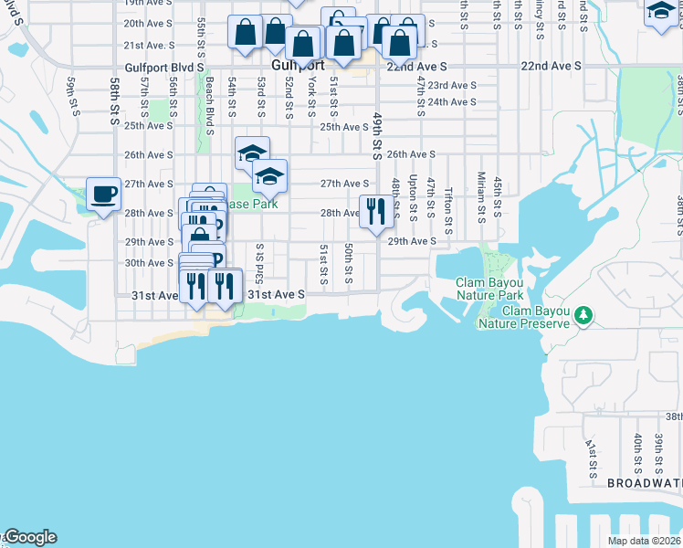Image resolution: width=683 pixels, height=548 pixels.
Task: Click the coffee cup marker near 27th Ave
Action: click(103, 194)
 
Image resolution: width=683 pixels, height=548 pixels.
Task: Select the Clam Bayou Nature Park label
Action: click(490, 289)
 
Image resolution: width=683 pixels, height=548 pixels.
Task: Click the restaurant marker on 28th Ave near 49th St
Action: click(376, 212)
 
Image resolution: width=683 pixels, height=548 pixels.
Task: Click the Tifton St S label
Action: click(448, 211)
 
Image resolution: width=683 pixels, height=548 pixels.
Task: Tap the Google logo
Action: click(29, 537)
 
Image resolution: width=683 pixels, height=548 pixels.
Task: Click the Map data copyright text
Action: click(643, 541)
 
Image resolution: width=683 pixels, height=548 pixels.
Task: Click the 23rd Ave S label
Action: click(451, 85)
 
